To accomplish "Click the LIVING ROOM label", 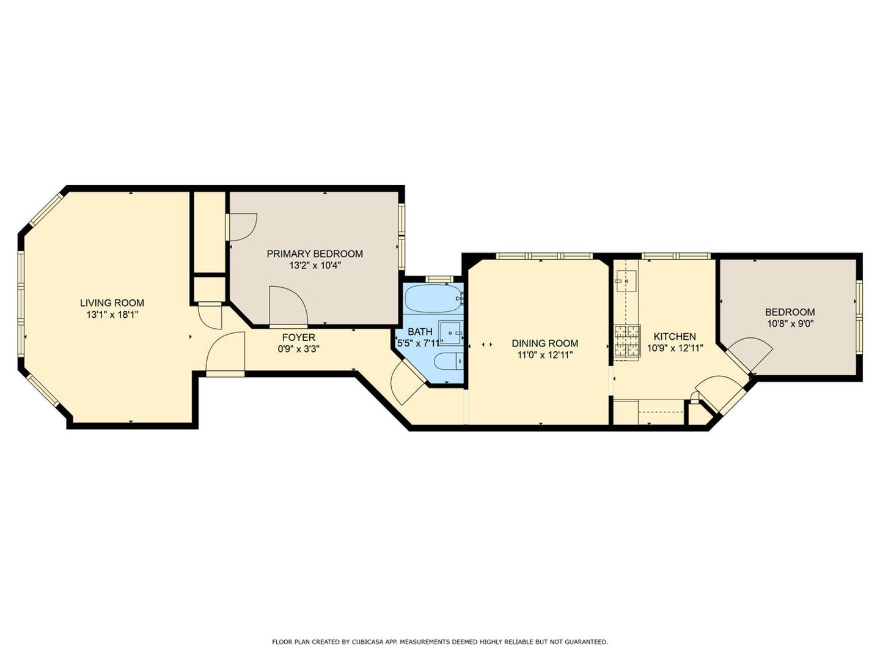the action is [x=112, y=303].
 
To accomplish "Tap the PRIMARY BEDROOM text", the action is [x=315, y=254].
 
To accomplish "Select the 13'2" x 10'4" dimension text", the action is [x=315, y=265].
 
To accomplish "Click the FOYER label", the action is [x=299, y=337].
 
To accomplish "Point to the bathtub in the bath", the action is [x=434, y=299].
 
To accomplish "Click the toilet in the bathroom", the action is [x=449, y=361].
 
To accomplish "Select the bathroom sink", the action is [x=451, y=332].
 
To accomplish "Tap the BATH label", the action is [x=420, y=331].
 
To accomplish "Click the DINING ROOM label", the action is [x=545, y=343].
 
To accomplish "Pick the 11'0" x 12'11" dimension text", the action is [x=545, y=354].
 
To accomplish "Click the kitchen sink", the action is [x=625, y=282].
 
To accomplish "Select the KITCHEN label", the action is [x=675, y=337].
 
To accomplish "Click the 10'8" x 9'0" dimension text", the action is [x=790, y=323].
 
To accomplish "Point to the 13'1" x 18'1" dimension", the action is [x=112, y=315].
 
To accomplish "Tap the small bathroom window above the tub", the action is [x=439, y=279].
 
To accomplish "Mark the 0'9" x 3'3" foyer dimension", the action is [x=299, y=349].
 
